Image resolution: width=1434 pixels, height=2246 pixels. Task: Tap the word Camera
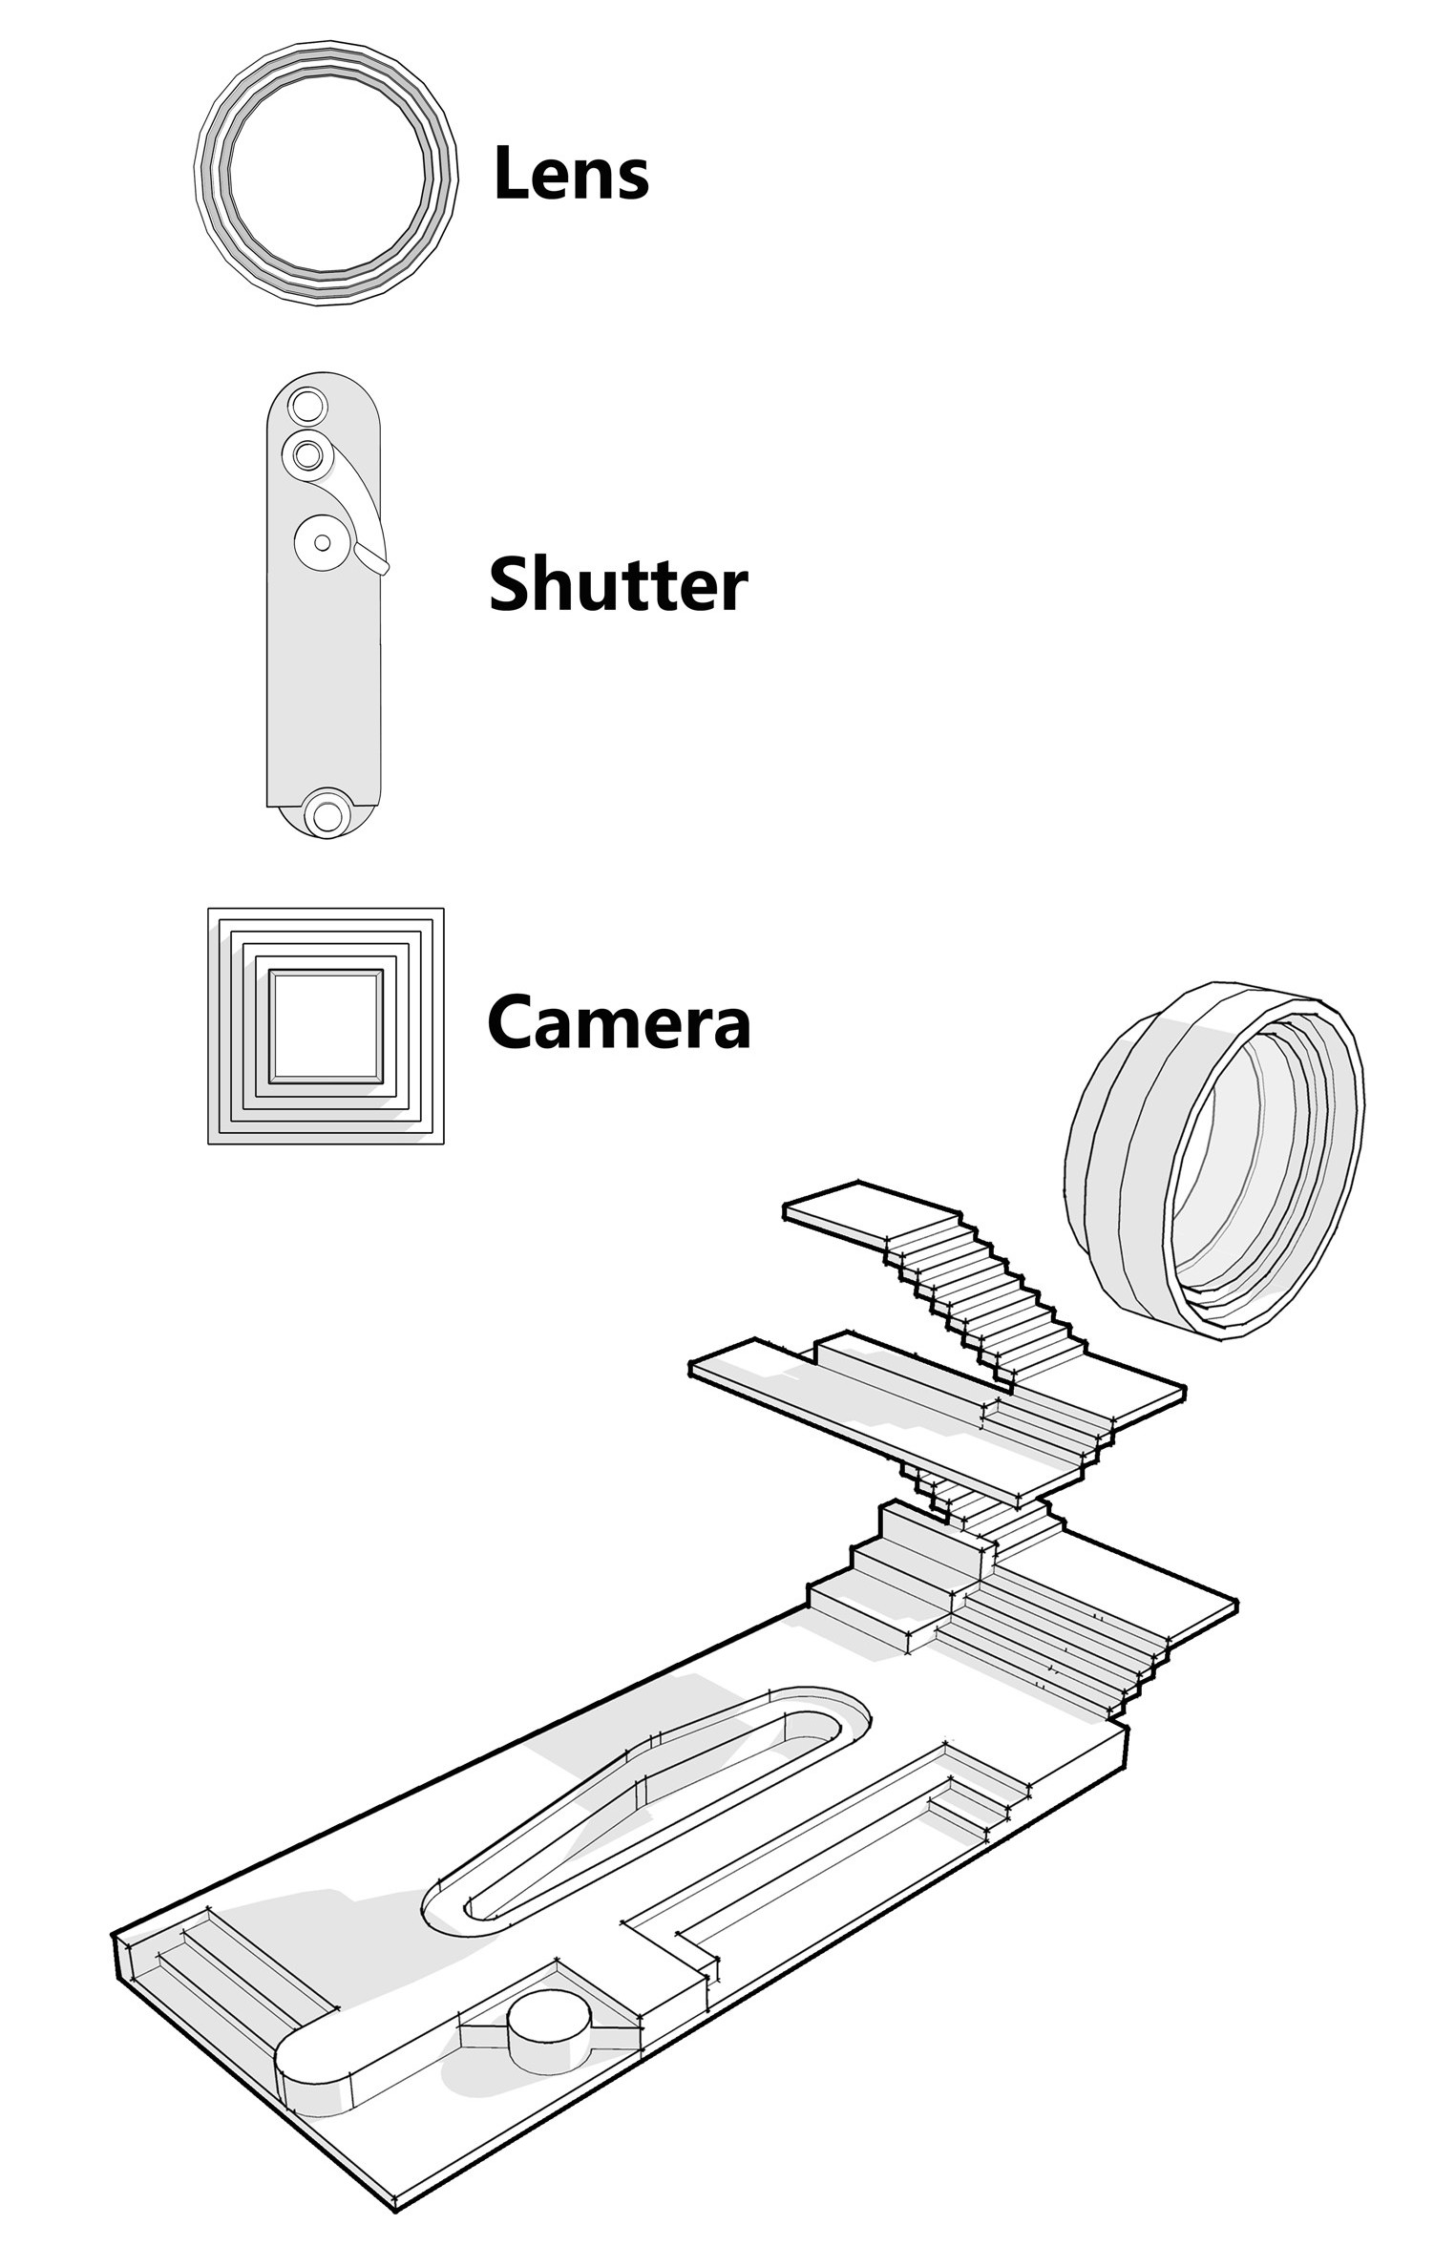619,1020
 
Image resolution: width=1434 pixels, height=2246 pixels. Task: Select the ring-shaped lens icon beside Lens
326,173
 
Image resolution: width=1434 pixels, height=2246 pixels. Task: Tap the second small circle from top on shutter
306,454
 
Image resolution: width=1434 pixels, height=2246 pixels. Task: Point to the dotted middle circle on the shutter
322,542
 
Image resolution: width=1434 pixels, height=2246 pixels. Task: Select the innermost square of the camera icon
327,1026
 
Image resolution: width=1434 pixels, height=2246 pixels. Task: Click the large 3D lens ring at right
1213,1159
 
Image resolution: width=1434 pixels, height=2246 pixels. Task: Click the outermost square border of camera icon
326,1026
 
